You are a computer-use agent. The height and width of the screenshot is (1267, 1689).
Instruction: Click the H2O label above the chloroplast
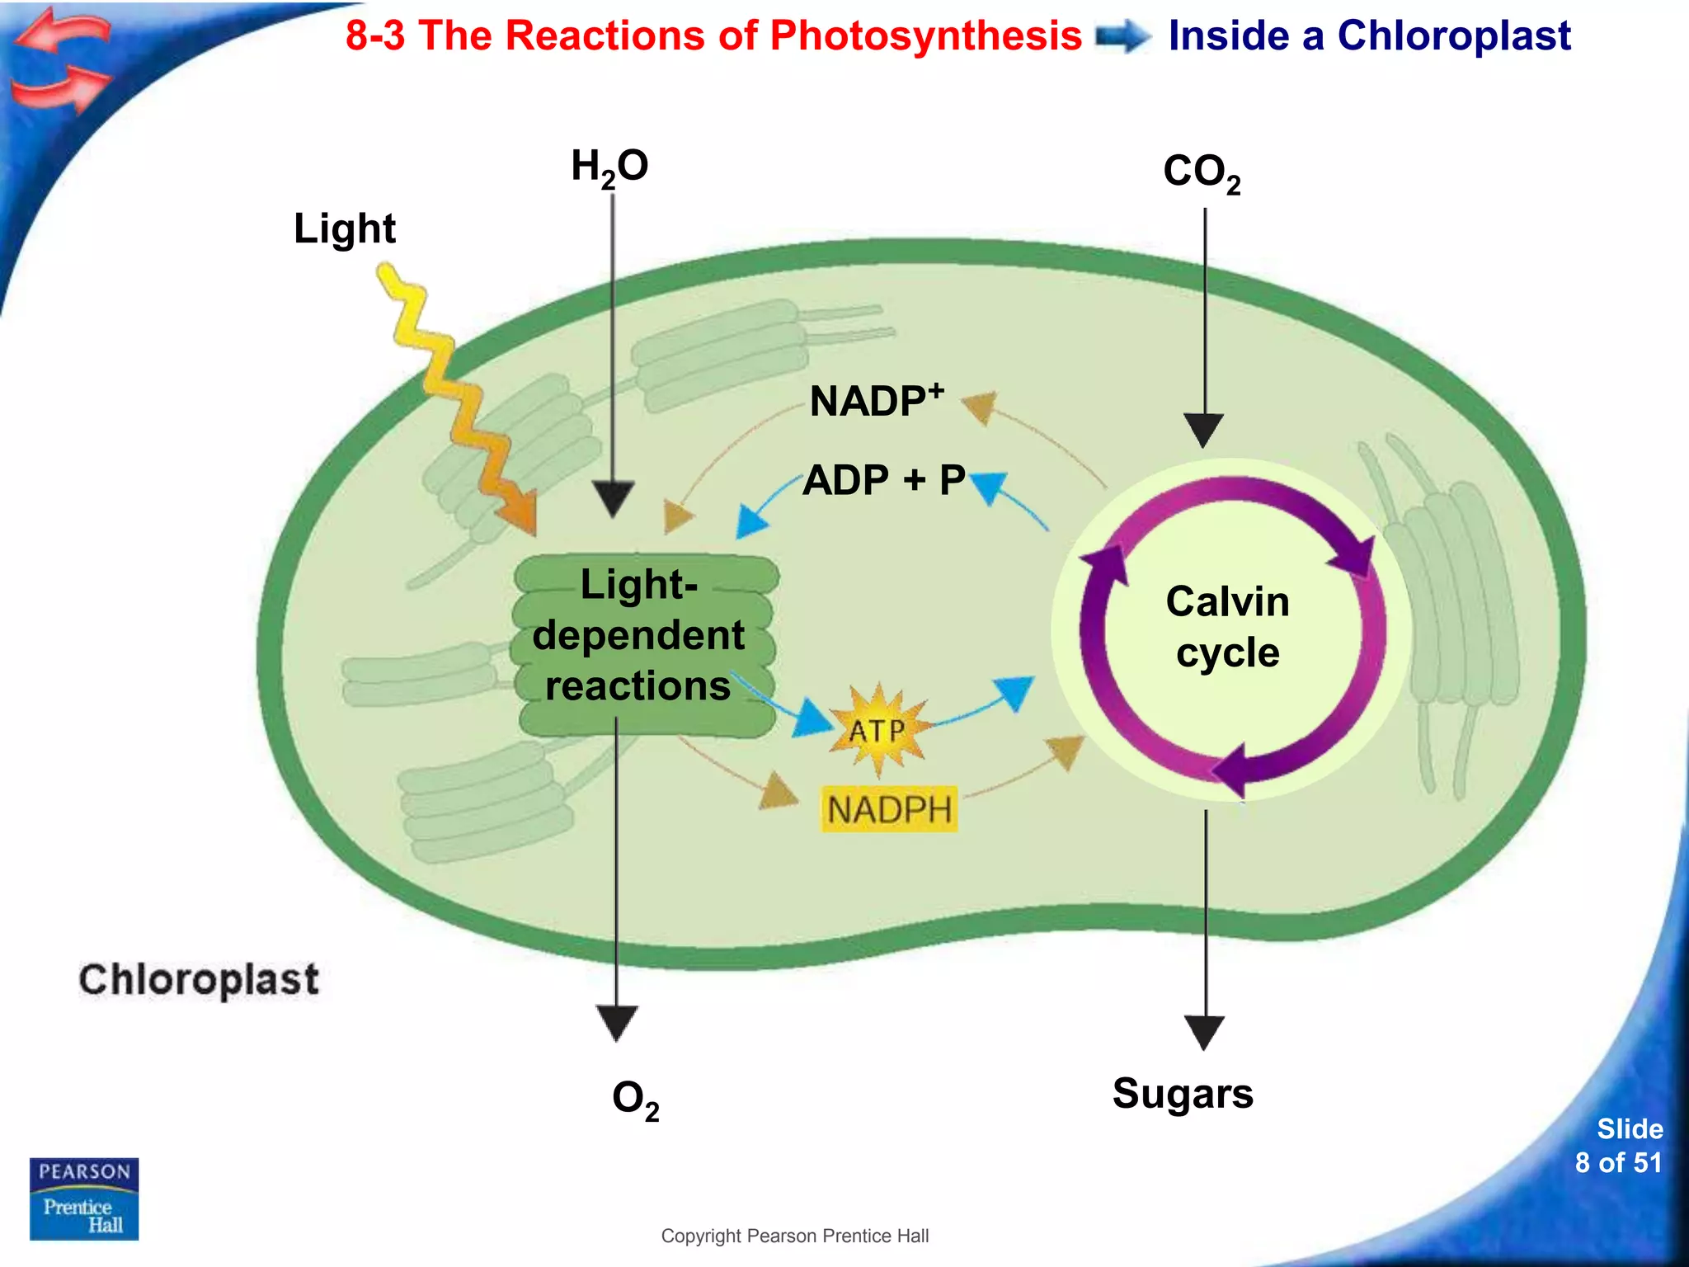coord(609,167)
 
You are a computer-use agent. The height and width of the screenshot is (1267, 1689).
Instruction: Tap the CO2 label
coord(1201,173)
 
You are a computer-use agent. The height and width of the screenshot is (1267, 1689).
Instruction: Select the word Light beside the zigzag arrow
coord(345,228)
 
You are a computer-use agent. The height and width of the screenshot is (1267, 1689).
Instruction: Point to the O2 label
coord(635,1099)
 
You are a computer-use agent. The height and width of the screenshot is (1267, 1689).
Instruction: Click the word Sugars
coord(1183,1095)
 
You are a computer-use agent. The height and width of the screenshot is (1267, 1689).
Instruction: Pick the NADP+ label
coord(876,401)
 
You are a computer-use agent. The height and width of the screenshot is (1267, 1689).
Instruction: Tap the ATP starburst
coord(877,730)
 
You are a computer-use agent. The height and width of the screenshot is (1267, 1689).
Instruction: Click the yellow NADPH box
coord(889,809)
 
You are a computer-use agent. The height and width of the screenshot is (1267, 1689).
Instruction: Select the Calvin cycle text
coord(1227,627)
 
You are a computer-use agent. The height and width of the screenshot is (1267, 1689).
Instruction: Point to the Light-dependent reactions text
coord(638,635)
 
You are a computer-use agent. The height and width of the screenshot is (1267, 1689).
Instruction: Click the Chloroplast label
coord(199,980)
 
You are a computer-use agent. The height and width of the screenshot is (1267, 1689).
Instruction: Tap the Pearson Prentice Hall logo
coord(84,1199)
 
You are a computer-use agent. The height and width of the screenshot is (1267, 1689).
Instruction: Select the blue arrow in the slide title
coord(1123,37)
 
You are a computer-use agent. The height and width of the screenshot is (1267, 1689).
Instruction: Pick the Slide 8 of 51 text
coord(1618,1146)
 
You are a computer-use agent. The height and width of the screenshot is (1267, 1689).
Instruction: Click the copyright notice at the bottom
coord(794,1236)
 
